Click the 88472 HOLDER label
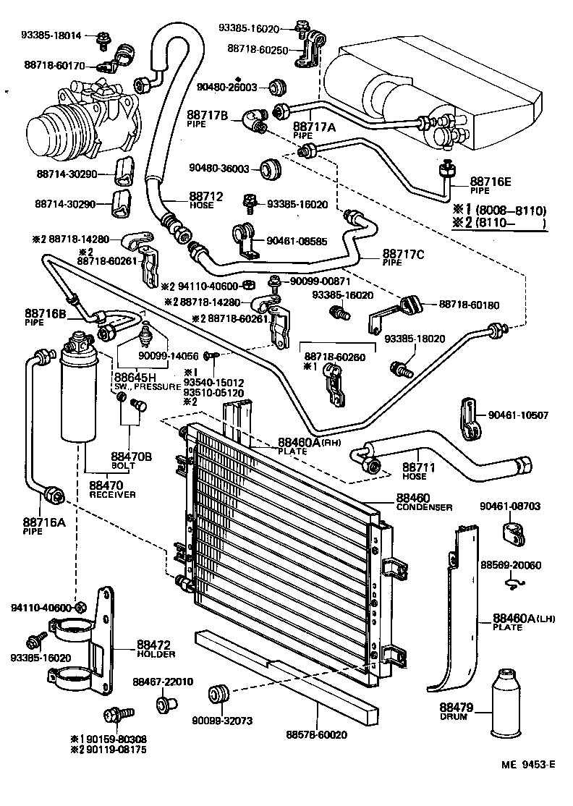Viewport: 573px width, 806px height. coord(153,648)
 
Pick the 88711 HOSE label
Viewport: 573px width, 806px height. coord(418,472)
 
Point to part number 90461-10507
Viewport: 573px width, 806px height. coord(518,415)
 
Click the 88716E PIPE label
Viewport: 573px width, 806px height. coord(491,185)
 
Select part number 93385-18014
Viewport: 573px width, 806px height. coord(50,35)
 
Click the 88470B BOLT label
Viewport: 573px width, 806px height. coord(131,460)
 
